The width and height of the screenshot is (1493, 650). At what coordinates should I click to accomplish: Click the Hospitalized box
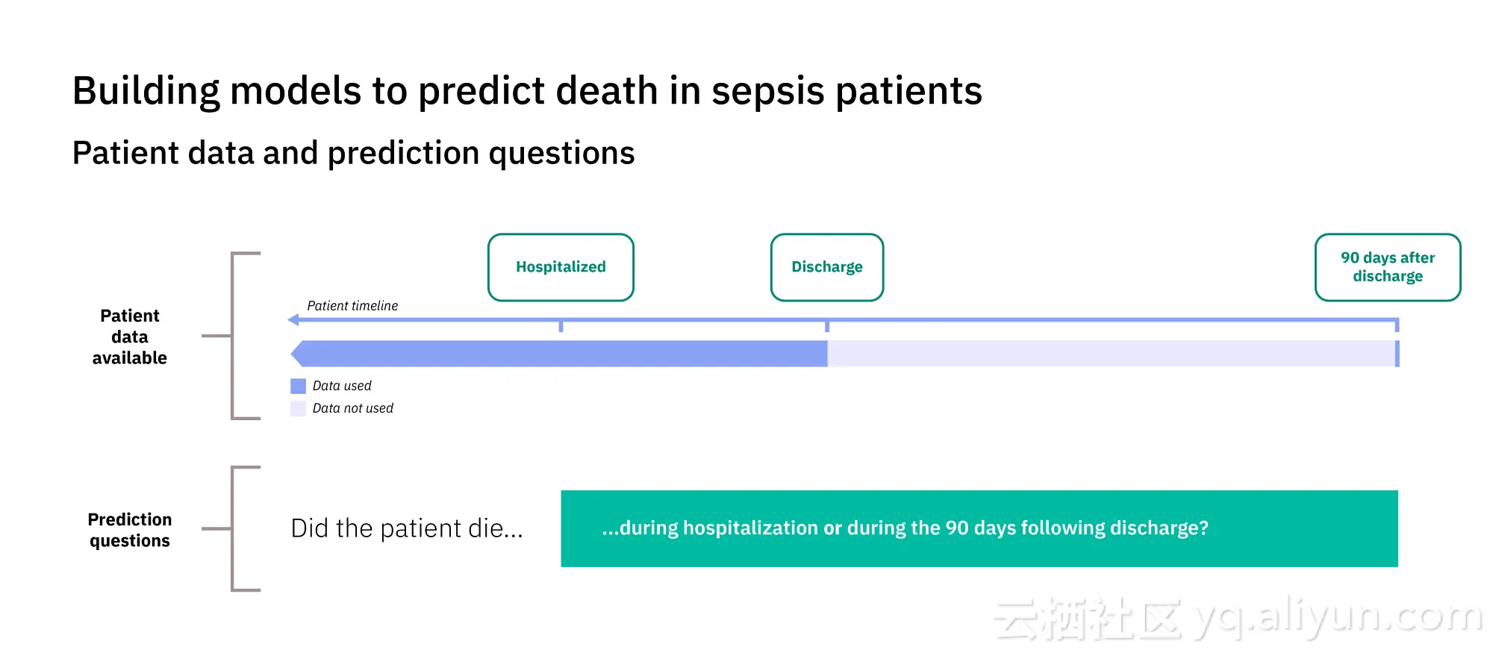tap(561, 267)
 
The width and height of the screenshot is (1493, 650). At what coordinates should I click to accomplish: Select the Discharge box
tap(827, 267)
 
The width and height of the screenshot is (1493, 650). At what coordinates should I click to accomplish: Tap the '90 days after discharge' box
tap(1388, 267)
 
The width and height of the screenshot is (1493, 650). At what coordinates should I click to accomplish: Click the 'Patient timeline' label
tap(352, 306)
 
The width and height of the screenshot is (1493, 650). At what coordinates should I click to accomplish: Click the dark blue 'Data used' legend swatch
tap(298, 386)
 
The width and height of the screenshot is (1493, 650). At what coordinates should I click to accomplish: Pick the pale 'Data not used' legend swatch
tap(298, 408)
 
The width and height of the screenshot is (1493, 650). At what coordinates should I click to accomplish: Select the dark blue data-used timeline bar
tap(559, 354)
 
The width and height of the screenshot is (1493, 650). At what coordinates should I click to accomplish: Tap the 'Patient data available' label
tap(130, 337)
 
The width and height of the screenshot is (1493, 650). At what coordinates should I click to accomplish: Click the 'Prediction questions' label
tap(130, 530)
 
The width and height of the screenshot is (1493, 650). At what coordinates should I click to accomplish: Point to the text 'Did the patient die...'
tap(407, 528)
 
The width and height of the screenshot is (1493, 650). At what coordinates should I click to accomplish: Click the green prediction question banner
tap(979, 528)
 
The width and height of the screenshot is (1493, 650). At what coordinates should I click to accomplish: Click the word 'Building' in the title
tap(146, 92)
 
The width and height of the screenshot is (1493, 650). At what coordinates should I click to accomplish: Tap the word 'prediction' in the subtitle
tap(403, 154)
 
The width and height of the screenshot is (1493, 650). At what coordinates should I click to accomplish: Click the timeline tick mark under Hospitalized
tap(561, 326)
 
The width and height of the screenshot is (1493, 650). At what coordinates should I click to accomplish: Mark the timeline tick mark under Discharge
tap(827, 326)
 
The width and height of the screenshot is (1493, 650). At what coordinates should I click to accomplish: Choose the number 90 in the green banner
tap(957, 528)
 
